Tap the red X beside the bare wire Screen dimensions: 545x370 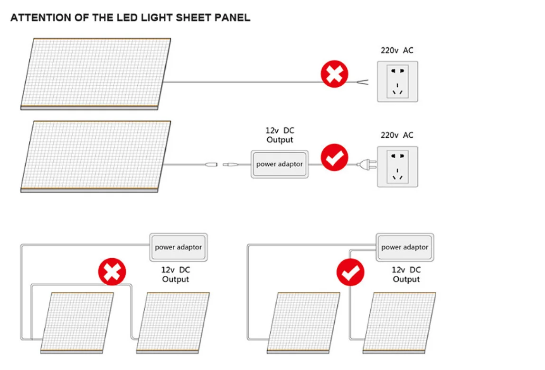[x=334, y=74]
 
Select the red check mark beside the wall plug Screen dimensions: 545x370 [x=334, y=157]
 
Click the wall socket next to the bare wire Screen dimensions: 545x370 [x=398, y=82]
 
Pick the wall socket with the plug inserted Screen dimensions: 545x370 [x=398, y=167]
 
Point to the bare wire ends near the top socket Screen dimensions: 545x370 [x=362, y=82]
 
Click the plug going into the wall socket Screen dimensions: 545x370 [x=366, y=164]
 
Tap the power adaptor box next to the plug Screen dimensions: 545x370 [x=280, y=164]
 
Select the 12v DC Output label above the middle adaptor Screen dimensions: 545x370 [x=280, y=135]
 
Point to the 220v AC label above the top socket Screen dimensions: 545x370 [x=397, y=50]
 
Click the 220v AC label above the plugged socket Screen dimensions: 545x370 [x=397, y=135]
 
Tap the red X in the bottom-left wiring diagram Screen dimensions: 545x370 [x=112, y=271]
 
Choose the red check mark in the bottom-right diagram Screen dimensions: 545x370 [x=350, y=272]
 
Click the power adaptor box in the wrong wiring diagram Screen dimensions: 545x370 [x=179, y=247]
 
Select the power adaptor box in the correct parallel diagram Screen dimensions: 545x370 [x=405, y=247]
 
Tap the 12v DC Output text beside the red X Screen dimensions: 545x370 [x=176, y=274]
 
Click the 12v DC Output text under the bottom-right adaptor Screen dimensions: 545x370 [x=406, y=274]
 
